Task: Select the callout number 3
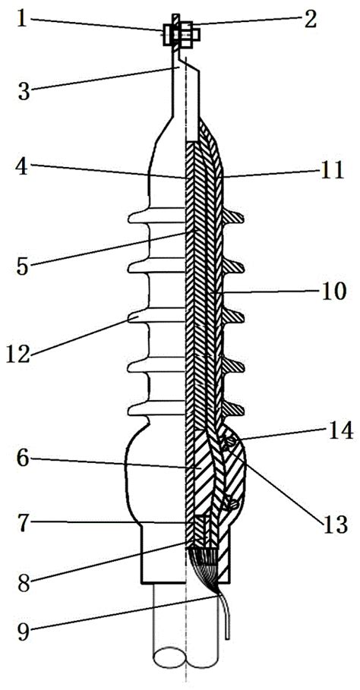(24, 93)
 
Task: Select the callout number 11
(331, 172)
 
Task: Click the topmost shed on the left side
(156, 216)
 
